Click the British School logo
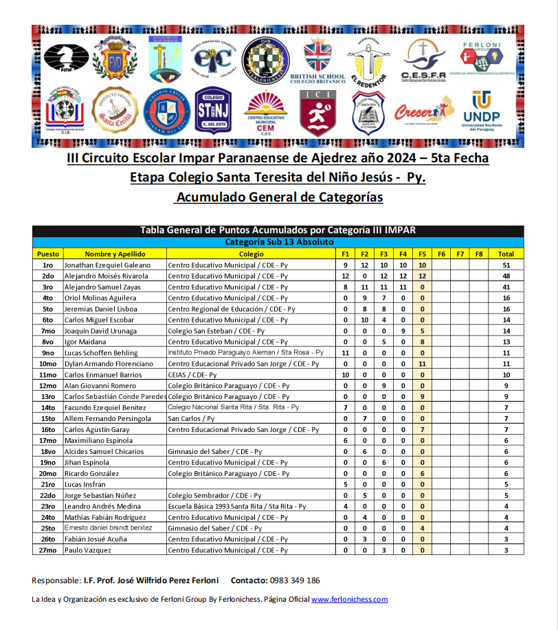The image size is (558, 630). tap(317, 60)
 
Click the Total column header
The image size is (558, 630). tap(505, 254)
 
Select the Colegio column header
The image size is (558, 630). tap(252, 254)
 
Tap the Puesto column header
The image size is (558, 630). tap(47, 254)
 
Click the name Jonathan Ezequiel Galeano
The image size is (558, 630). tap(107, 265)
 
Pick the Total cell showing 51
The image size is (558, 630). tap(505, 265)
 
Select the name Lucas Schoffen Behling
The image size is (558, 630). tap(101, 353)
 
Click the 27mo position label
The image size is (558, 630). tap(47, 550)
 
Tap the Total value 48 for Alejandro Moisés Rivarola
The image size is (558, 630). tap(505, 276)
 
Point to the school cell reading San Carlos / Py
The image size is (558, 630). tap(192, 418)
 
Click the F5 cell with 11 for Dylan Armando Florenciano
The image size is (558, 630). tap(422, 364)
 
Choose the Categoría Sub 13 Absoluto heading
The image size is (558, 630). tap(279, 242)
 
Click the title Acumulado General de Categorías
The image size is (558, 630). tap(278, 197)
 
